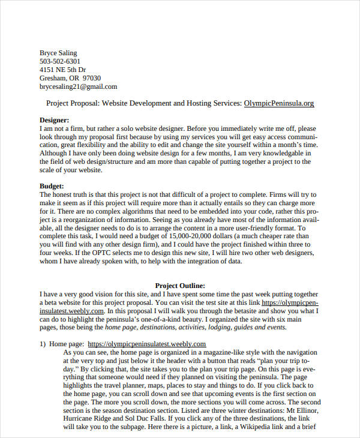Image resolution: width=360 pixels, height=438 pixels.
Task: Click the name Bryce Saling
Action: [58, 53]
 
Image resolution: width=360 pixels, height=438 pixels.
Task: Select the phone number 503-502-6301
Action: [59, 61]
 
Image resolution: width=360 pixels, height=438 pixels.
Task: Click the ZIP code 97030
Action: [92, 78]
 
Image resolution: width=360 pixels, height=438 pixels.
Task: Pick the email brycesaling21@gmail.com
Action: [78, 86]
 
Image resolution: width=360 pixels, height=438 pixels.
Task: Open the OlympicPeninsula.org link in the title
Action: [279, 103]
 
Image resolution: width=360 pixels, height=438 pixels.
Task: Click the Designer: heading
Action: [54, 120]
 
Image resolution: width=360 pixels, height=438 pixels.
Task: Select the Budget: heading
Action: [52, 187]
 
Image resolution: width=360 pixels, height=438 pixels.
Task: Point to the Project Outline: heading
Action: [180, 286]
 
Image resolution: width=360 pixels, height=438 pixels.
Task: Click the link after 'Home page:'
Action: [147, 344]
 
